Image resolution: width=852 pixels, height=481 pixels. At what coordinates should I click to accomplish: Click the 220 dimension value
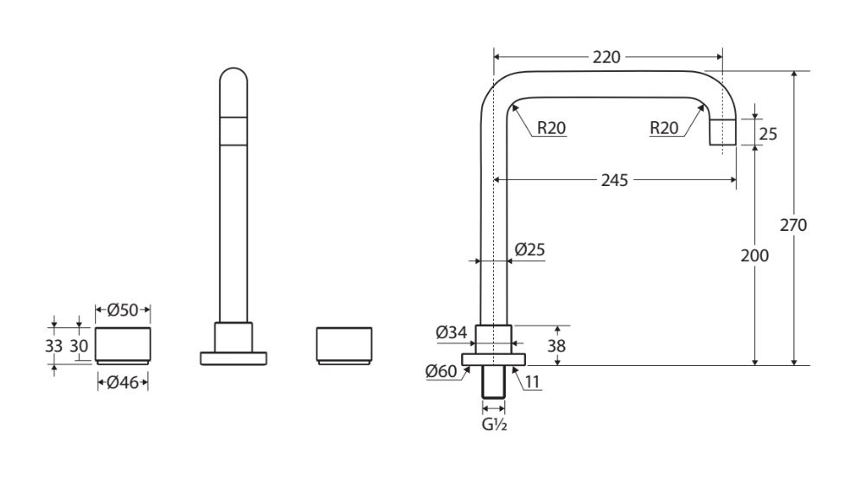pyautogui.click(x=607, y=58)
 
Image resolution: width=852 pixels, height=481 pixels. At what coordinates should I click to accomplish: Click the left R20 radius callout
pyautogui.click(x=551, y=128)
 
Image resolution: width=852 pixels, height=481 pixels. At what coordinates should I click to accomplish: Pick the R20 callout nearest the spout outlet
pyautogui.click(x=664, y=128)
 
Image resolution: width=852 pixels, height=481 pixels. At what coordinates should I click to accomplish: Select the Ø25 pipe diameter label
pyautogui.click(x=528, y=249)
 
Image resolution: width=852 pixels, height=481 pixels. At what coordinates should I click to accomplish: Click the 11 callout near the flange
pyautogui.click(x=533, y=380)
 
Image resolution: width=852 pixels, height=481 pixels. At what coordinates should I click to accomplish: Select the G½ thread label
pyautogui.click(x=495, y=424)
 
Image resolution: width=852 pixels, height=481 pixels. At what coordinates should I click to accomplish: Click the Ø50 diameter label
pyautogui.click(x=123, y=310)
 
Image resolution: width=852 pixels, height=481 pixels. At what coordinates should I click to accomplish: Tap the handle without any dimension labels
pyautogui.click(x=344, y=345)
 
